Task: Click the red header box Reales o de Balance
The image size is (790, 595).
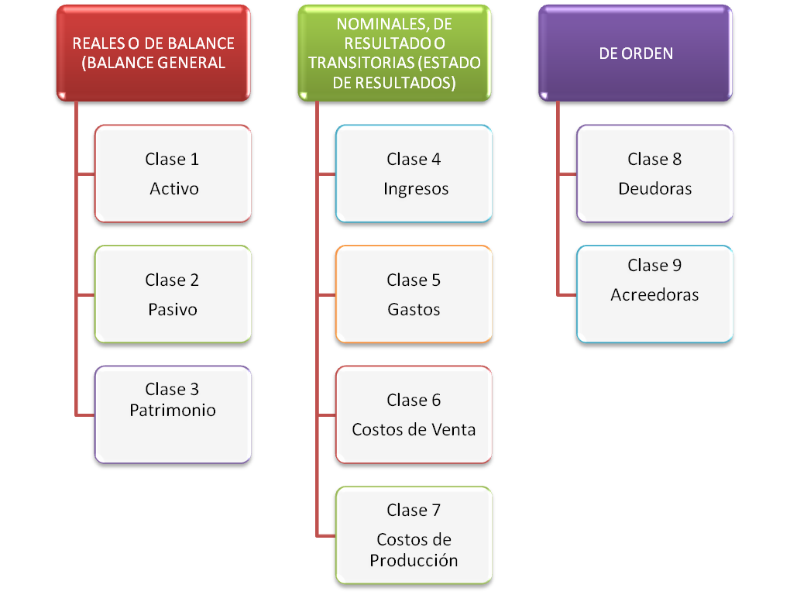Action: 153,53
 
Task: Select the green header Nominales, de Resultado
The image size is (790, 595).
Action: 394,53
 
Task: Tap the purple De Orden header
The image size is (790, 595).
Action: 635,53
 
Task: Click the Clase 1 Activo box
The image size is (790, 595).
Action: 173,174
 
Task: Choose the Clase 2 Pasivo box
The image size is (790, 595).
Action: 173,294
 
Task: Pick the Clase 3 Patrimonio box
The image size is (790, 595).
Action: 173,414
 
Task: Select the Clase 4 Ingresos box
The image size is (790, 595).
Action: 414,174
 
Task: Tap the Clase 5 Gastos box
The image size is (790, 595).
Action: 414,294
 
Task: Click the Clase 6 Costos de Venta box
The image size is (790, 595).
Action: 414,414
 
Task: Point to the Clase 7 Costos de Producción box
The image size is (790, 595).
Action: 414,535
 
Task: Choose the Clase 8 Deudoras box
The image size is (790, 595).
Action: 654,174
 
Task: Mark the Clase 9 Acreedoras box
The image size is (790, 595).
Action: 654,294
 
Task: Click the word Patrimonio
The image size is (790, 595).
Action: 173,411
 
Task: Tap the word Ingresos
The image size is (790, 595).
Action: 415,189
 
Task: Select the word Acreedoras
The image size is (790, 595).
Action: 654,295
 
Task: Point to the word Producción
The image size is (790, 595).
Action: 414,560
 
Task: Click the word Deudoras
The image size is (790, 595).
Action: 654,189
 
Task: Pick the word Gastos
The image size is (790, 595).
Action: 414,310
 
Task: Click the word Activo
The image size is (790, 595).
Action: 174,189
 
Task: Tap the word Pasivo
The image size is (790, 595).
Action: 173,310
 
